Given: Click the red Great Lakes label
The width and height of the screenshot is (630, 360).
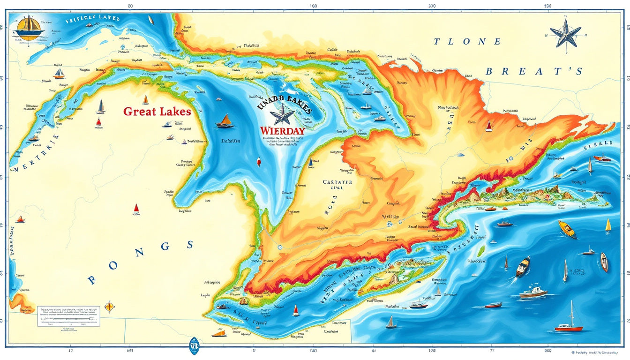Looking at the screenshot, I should click(157, 112).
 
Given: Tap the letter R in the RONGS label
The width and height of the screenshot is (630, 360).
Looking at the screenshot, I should click(92, 280).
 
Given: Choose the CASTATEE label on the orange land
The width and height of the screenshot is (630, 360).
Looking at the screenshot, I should click(337, 182).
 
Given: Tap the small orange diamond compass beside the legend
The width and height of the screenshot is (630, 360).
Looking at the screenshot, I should click(109, 307).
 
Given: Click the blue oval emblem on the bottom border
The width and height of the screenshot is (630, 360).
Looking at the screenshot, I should click(193, 346).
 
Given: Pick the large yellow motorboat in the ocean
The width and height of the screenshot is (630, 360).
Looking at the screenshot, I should click(567, 229).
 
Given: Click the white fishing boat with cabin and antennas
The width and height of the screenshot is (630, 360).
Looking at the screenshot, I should click(532, 292).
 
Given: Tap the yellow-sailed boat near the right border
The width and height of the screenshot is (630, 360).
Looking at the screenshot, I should click(608, 225).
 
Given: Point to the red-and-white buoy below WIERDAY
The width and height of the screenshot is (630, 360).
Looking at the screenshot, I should click(258, 163).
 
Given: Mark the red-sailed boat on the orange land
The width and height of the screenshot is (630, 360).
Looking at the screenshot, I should click(488, 126).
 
